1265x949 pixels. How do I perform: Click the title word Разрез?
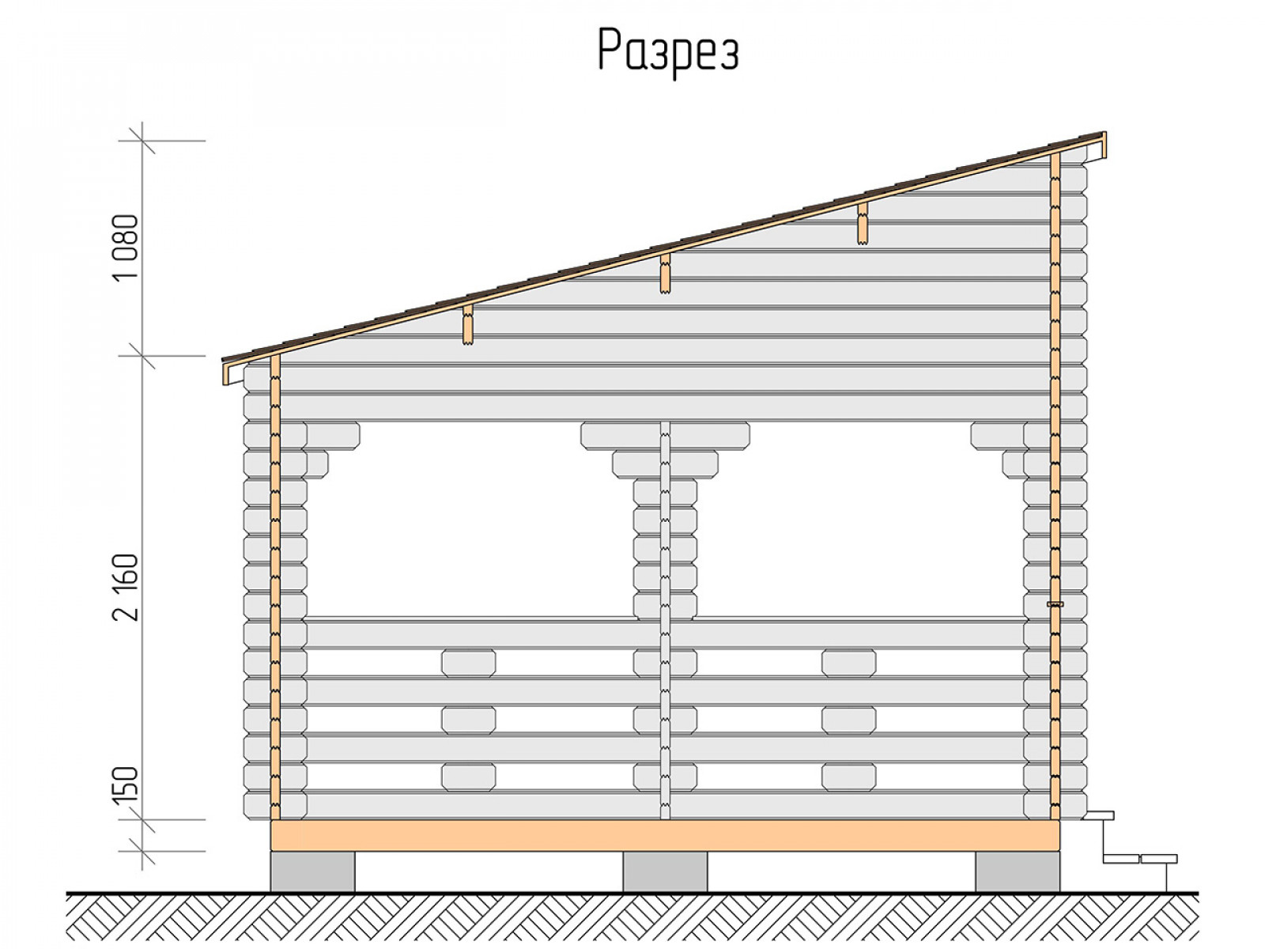tap(668, 51)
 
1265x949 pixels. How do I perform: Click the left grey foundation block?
tap(312, 871)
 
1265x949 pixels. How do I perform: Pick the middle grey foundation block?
tap(665, 871)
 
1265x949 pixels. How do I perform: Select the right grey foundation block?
tap(1018, 871)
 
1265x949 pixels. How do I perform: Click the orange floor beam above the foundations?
tap(665, 835)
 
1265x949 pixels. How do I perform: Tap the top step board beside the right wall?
tap(1098, 815)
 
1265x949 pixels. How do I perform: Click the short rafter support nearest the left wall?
tap(468, 325)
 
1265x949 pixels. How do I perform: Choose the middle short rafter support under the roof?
tap(665, 274)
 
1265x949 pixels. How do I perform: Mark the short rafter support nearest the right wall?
tap(862, 224)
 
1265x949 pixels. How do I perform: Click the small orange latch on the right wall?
tap(1055, 604)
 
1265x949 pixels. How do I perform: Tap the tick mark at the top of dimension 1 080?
tap(142, 141)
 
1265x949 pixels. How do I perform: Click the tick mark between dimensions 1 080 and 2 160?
tap(142, 356)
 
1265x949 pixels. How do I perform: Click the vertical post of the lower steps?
tap(1166, 878)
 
